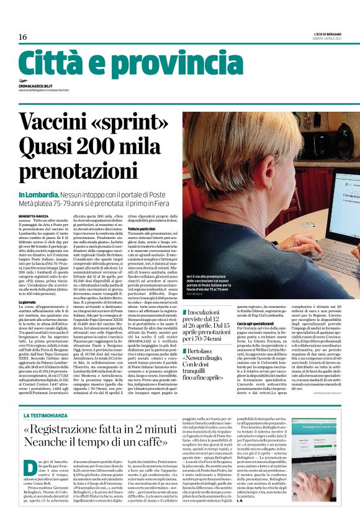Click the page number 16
click(22, 38)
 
